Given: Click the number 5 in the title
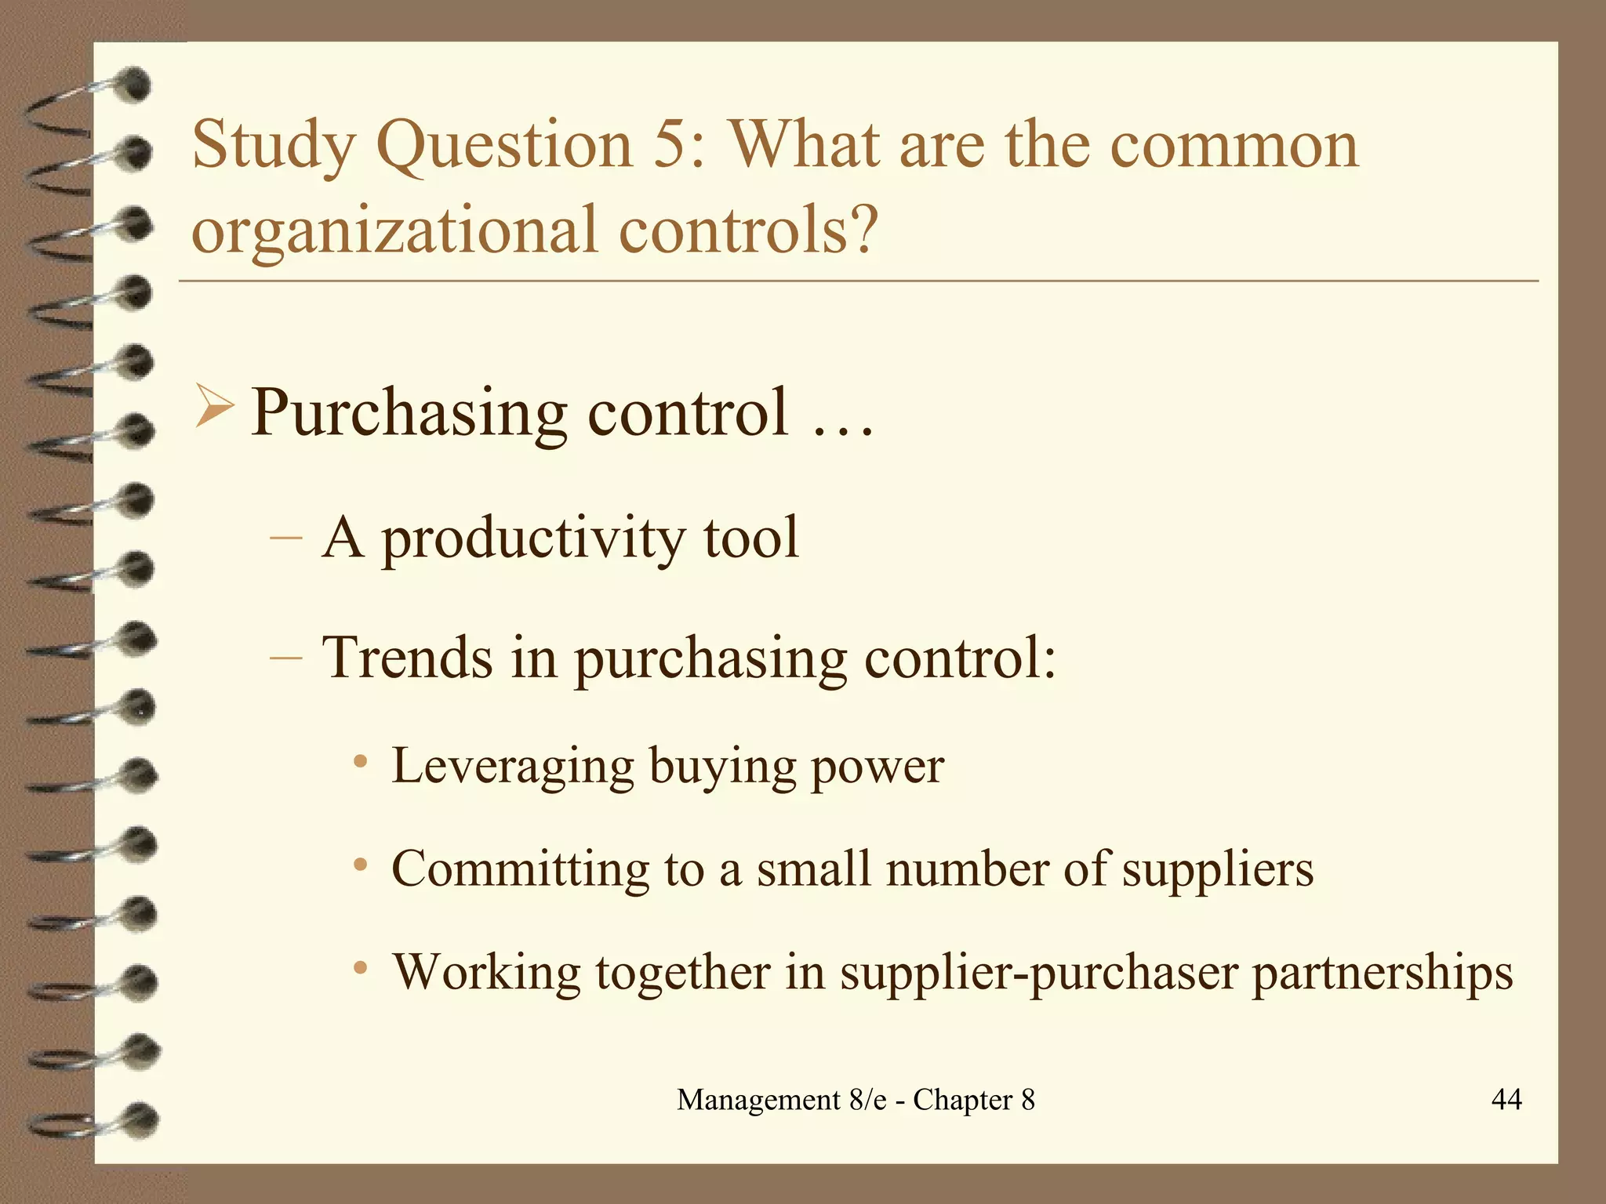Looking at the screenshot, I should point(669,145).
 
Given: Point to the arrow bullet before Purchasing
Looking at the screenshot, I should point(213,408).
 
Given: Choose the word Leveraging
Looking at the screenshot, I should point(512,767).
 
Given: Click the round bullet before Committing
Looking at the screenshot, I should point(360,865).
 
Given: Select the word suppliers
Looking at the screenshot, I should point(1217,870).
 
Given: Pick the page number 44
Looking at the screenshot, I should point(1506,1099).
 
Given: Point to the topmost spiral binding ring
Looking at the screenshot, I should point(133,85).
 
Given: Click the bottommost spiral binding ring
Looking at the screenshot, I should point(137,1119).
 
